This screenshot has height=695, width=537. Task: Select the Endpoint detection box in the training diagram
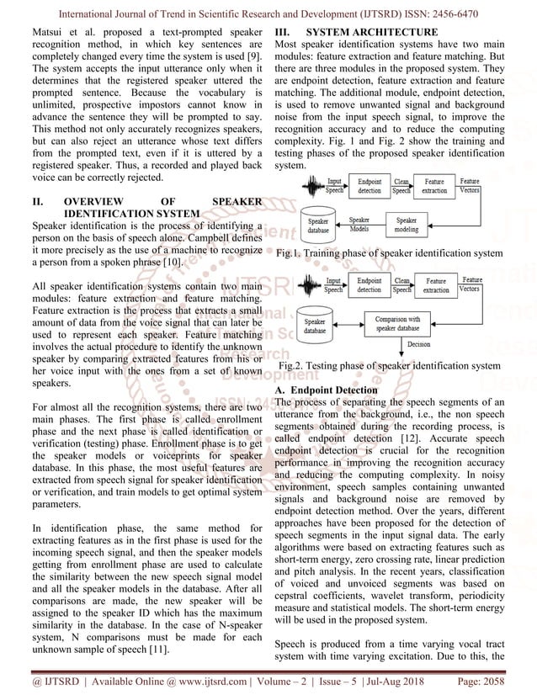click(x=369, y=187)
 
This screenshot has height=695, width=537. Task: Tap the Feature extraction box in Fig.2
click(x=436, y=285)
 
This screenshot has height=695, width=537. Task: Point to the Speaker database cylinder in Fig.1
click(x=318, y=223)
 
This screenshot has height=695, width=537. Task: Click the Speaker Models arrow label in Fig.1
click(x=359, y=224)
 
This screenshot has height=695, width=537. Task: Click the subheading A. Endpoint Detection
click(x=327, y=390)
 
